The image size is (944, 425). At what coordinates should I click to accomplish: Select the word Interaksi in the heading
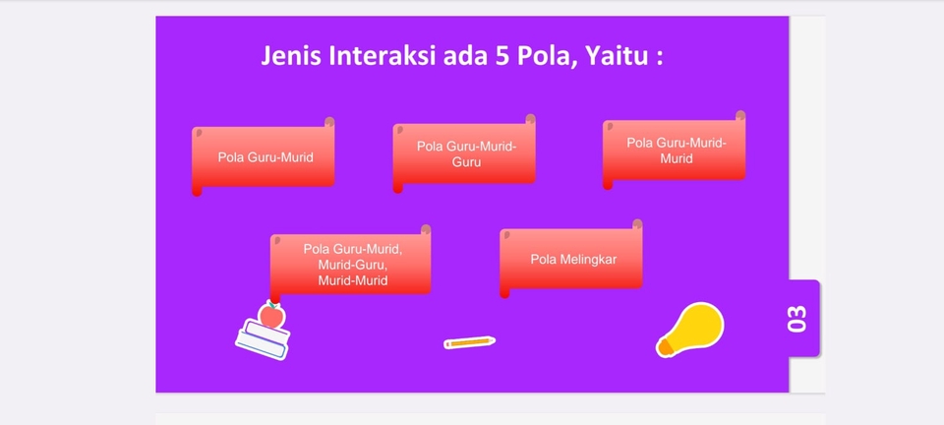pos(382,56)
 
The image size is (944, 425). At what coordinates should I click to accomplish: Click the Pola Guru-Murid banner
pos(265,156)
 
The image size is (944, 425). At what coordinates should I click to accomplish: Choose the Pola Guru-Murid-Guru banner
pos(465,153)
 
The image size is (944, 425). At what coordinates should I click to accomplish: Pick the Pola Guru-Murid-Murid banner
pos(676,151)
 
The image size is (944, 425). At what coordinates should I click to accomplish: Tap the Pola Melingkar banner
pos(572,259)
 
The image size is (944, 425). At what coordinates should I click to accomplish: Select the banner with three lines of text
pos(351,265)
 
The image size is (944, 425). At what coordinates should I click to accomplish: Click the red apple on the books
pos(271,316)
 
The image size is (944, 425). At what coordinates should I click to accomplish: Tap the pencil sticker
pos(469,342)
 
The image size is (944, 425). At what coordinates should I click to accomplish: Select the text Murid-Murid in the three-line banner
pos(352,280)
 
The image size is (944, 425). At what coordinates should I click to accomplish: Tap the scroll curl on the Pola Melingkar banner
pos(637,225)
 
